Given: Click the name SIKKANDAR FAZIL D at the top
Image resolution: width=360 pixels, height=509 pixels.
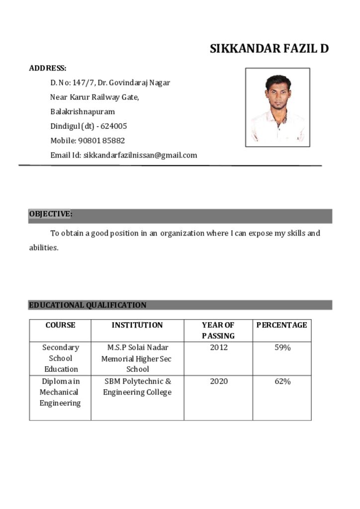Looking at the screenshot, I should (x=269, y=49).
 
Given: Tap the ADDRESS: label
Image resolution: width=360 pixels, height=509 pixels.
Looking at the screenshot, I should (x=48, y=68).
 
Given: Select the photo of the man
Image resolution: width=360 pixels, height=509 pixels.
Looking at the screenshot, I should (x=277, y=107).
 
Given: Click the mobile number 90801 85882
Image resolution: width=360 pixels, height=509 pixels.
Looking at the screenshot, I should (x=101, y=141).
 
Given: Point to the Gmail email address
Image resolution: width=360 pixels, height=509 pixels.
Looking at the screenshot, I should (x=140, y=155).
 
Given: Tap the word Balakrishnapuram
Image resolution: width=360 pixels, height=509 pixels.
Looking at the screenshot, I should (x=83, y=112).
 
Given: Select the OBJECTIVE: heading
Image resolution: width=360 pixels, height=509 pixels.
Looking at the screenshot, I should (x=50, y=214).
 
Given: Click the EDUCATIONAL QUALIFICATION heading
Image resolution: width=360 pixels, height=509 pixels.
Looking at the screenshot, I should (x=88, y=305).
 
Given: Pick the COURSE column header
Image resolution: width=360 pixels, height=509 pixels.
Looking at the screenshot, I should (x=60, y=325).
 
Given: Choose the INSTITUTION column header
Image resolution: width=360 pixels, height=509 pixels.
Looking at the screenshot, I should (x=137, y=325).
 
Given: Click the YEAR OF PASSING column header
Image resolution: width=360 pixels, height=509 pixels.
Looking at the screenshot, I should (x=218, y=331).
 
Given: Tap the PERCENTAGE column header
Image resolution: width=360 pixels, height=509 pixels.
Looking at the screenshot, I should (x=281, y=325).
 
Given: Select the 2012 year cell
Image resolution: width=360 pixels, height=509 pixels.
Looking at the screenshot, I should (x=218, y=347).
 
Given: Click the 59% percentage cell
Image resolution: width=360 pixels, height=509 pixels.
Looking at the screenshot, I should (x=282, y=347).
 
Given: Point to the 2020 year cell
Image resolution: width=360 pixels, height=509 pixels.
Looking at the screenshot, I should (x=218, y=381).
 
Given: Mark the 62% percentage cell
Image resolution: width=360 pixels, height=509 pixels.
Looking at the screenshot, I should (x=282, y=381).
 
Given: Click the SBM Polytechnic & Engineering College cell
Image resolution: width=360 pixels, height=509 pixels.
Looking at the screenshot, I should (x=137, y=387).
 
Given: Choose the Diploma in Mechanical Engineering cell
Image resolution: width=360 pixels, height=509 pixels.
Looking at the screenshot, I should (x=60, y=392).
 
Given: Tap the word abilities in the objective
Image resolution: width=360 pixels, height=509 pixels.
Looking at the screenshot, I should (x=43, y=248).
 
